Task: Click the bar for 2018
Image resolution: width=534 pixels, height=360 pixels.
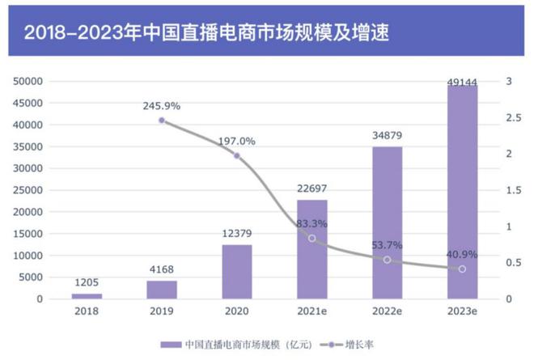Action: point(87,295)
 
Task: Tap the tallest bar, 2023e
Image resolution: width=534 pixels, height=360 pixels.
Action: point(463,192)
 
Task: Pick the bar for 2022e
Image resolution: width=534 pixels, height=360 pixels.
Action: point(388,222)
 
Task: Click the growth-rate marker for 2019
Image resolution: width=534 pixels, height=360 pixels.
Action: point(162,121)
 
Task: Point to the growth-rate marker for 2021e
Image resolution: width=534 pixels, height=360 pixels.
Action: point(312,238)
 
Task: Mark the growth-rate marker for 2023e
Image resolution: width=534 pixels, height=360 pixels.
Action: point(463,269)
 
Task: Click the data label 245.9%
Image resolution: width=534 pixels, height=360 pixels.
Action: point(162,105)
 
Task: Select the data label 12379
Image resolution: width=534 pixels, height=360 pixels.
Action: point(237,234)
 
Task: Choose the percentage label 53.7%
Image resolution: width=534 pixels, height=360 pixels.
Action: point(388,245)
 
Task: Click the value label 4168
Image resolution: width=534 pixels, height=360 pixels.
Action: point(162,270)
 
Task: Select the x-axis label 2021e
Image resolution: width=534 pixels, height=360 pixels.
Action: point(312,312)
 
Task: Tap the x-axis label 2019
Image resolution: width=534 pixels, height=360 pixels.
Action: point(162,312)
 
